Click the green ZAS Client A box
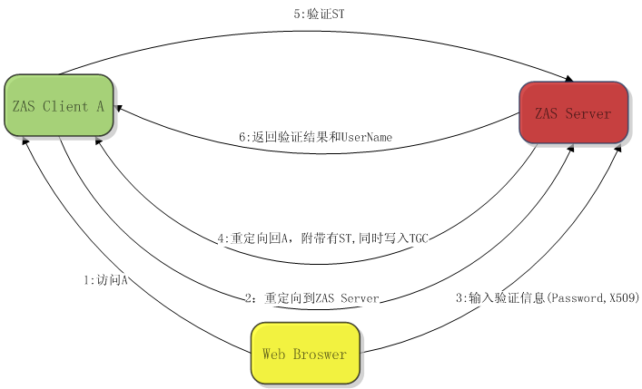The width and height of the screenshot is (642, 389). [58, 106]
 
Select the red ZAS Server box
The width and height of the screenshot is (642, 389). [573, 112]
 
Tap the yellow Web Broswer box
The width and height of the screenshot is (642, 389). [304, 353]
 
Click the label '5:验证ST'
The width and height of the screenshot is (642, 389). [321, 14]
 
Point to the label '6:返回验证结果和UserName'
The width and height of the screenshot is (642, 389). [314, 137]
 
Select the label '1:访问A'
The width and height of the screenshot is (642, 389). [104, 280]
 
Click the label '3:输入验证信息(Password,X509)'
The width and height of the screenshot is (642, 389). [547, 297]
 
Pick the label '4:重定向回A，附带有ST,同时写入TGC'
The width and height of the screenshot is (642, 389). [322, 238]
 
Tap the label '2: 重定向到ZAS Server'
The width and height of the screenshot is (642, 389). [312, 298]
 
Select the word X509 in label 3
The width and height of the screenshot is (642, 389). [625, 297]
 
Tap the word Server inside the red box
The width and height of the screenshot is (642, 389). [588, 113]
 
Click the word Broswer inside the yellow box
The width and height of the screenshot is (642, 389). [320, 354]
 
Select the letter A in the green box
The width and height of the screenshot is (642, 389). [99, 106]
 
